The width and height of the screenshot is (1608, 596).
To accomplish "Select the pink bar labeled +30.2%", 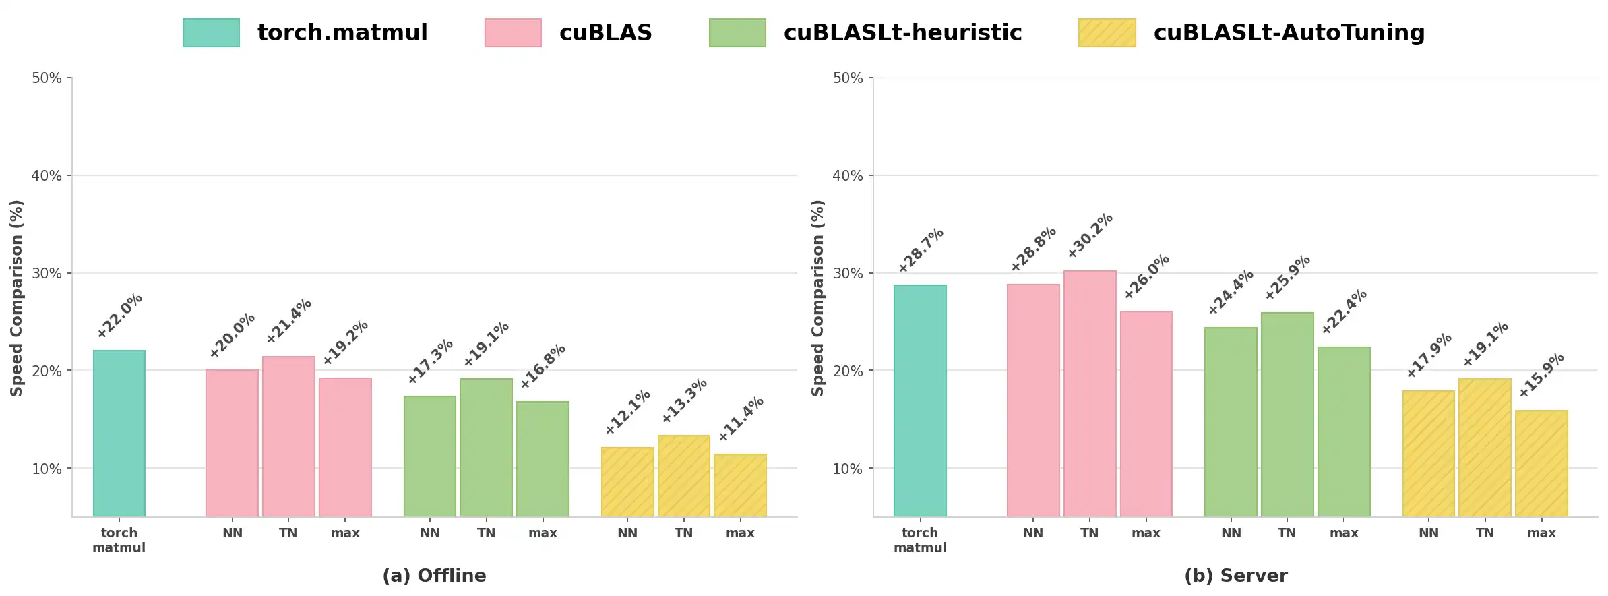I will point(1090,394).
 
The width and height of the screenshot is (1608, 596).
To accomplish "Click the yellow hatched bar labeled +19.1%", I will point(1485,448).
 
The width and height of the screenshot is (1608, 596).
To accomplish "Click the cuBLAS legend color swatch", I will point(513,33).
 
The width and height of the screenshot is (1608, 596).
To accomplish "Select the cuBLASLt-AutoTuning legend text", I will point(1289,33).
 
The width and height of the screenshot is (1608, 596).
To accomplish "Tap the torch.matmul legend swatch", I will point(211,33).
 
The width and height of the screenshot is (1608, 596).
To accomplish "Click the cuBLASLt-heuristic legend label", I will point(902,33).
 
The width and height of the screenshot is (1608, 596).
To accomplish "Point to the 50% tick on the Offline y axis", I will point(47,78).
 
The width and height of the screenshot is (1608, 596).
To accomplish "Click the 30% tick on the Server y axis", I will point(847,274).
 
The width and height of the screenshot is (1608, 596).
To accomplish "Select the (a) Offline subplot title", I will point(434,576).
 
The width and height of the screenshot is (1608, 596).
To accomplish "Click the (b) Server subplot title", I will point(1235,576).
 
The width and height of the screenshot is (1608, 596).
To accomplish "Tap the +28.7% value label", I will point(921,250).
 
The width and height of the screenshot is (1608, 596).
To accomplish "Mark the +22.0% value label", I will point(120,316).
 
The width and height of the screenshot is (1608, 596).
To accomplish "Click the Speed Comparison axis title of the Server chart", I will point(818,297).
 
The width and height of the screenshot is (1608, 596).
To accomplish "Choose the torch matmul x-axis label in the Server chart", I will point(920,540).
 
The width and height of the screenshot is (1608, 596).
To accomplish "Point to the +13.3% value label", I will point(684,400).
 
